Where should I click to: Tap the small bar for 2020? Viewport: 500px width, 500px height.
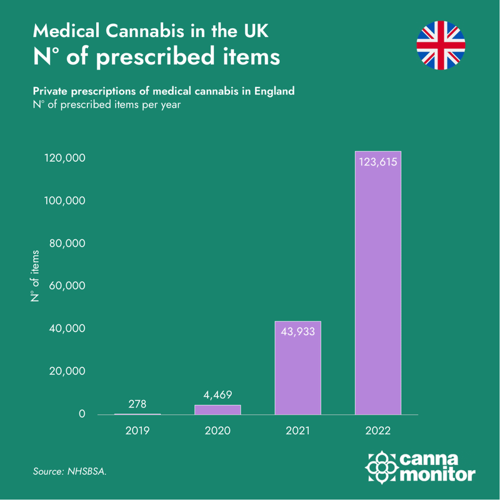217,409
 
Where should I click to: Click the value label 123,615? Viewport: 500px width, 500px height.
377,162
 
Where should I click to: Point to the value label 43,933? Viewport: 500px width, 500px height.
297,331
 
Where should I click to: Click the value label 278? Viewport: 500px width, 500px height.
137,404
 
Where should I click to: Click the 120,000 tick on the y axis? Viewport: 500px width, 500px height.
64,159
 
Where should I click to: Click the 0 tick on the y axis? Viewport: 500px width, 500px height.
81,414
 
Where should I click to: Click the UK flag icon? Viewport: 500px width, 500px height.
441,44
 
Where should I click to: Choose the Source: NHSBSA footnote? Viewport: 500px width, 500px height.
69,472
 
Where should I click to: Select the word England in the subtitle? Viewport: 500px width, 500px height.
272,91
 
